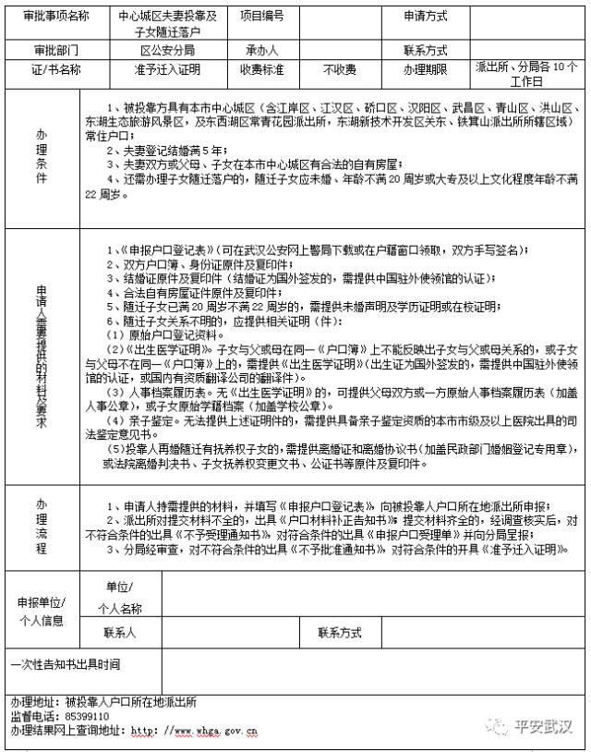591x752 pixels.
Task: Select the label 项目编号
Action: (x=262, y=16)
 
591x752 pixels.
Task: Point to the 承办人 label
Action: (x=262, y=50)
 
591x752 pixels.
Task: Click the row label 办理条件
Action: (x=42, y=157)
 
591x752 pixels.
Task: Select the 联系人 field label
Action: (x=121, y=633)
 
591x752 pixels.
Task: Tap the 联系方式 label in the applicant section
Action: (x=340, y=633)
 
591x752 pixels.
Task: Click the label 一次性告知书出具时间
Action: (x=65, y=663)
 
